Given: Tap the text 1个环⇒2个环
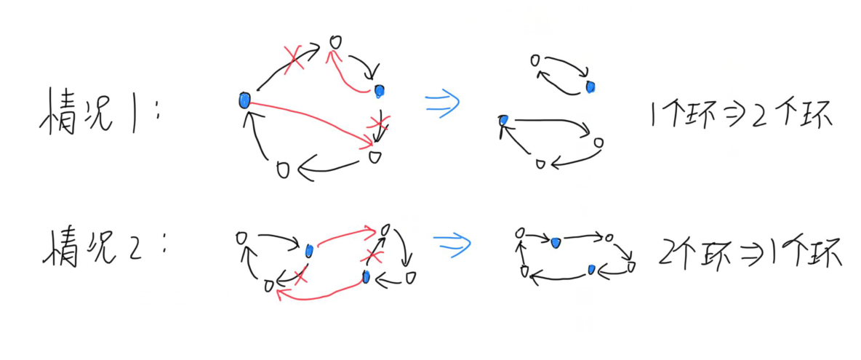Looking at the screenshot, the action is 738,117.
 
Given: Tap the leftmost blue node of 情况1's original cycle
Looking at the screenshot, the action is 244,100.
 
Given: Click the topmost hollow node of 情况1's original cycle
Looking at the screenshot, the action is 335,41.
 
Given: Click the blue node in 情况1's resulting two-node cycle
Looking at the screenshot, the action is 590,87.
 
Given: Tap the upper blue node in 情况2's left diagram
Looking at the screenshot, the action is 309,250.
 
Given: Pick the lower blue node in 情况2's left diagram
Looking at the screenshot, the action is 366,277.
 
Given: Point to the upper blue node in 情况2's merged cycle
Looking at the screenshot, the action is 556,241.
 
